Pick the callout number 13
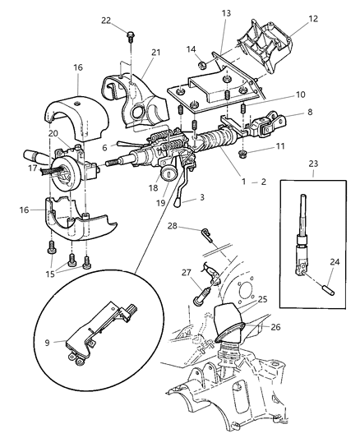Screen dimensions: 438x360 pyautogui.click(x=226, y=13)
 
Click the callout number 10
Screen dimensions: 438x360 pyautogui.click(x=277, y=95)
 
